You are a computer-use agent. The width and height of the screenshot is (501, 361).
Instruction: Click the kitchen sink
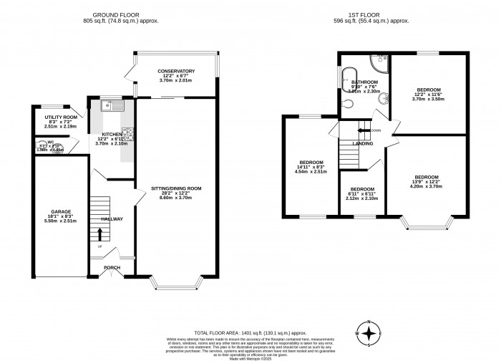111,106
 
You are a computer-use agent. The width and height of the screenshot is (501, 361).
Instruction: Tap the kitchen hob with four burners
129,133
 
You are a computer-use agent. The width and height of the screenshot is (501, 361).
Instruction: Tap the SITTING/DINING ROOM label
176,188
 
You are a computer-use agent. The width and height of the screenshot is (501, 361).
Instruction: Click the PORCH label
111,269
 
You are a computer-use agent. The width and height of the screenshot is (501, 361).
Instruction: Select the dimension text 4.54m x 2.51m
311,172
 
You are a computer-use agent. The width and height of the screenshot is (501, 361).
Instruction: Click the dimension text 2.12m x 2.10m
361,198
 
